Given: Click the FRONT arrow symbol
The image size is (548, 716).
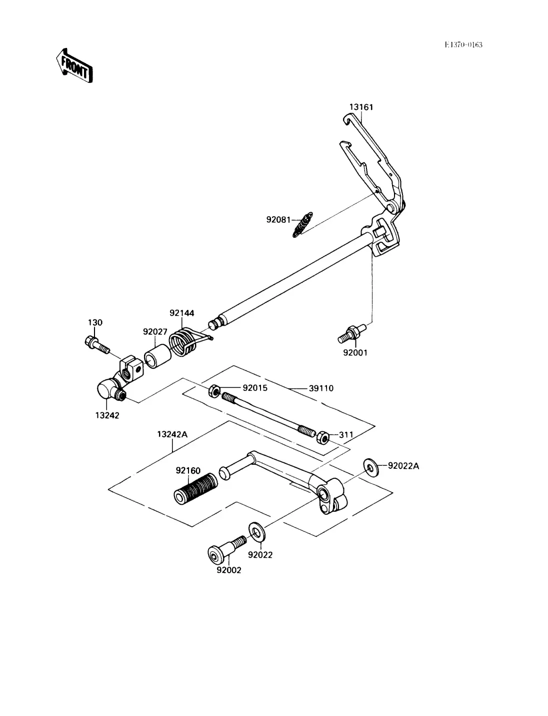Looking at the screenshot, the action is pos(74,66).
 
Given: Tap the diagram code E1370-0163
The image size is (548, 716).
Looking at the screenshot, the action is pos(463,45).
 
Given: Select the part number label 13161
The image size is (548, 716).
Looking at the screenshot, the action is pos(361,107).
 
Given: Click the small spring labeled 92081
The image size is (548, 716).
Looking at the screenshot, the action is pos(302,224).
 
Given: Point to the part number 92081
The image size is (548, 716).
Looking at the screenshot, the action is pos(278,220).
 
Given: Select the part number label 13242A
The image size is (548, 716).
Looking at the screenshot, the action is pos(172,434).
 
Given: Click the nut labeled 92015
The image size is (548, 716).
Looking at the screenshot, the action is pos(214,390).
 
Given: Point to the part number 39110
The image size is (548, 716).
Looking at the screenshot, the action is pos(321,388).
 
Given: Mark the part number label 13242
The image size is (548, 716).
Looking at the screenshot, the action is pos(107,415).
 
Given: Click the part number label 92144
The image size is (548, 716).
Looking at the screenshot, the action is pos(181,313).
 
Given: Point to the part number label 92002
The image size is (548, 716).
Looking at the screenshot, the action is pos(229,570).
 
